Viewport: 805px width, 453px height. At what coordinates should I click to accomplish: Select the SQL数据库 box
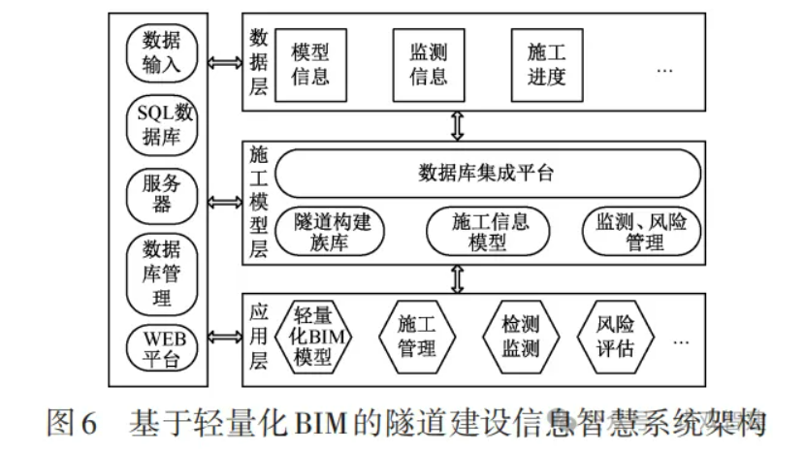(161, 123)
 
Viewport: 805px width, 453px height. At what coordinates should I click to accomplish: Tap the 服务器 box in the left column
(161, 193)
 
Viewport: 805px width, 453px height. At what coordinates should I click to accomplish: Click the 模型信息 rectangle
(310, 64)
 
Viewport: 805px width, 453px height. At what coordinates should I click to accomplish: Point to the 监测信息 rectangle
(428, 64)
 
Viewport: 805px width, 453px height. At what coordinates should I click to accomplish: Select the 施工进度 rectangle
(546, 64)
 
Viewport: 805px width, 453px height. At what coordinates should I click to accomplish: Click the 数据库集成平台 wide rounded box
(487, 174)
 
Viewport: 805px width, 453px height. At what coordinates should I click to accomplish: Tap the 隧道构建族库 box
(331, 233)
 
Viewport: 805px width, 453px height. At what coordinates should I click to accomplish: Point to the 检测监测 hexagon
(520, 336)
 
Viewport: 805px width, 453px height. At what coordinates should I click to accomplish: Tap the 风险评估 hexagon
(615, 336)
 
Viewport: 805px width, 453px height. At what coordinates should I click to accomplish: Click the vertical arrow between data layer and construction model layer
(458, 124)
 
